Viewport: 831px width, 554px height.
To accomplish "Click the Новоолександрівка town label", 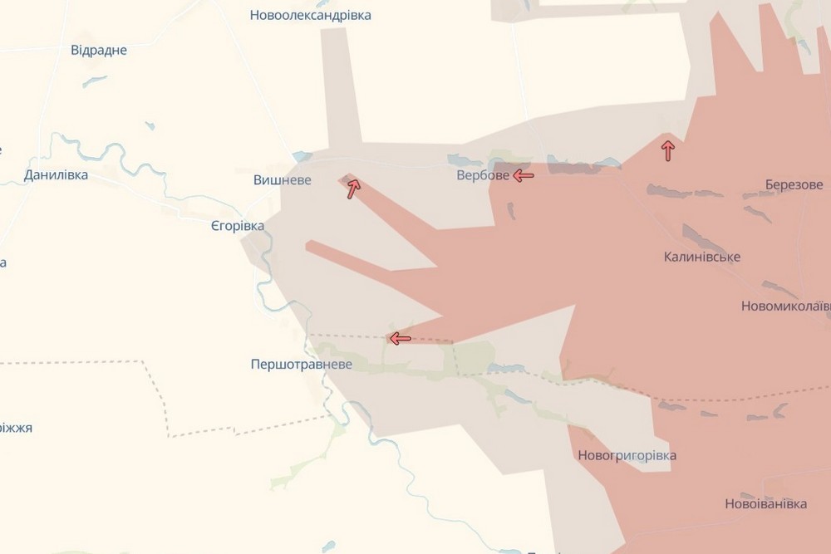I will pos(311,16).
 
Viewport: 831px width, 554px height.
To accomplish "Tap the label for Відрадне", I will pos(99,51).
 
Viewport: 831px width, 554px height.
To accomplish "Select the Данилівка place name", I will pos(57,175).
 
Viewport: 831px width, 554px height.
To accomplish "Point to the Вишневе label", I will pos(283,179).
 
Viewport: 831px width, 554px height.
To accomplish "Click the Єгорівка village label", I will pos(238,226).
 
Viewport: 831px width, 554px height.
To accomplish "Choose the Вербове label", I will pos(483,176).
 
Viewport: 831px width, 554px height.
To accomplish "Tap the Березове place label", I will pos(794,184).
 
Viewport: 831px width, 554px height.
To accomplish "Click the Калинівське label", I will pos(702,257).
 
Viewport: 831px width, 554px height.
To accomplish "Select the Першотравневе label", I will pos(301,365).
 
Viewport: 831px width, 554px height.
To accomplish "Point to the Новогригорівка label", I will pos(626,455).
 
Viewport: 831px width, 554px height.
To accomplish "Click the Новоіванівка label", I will pos(765,504).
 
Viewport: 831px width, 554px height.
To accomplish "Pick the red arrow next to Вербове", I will pos(524,175).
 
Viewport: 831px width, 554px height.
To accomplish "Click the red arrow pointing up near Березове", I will pos(667,150).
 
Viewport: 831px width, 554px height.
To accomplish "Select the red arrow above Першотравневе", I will pos(400,338).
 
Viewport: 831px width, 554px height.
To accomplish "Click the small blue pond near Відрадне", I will pos(94,81).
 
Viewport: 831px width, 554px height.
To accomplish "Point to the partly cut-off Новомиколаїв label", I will pos(785,306).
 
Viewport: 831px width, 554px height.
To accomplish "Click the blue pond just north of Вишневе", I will pos(302,156).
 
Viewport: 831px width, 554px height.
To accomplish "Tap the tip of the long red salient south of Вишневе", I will pos(311,245).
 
